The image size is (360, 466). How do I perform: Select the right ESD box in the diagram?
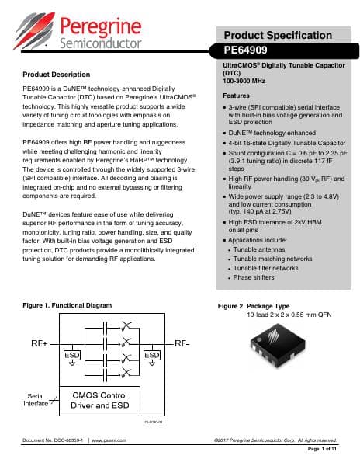tap(152, 354)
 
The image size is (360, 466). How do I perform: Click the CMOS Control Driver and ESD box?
tap(112, 400)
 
